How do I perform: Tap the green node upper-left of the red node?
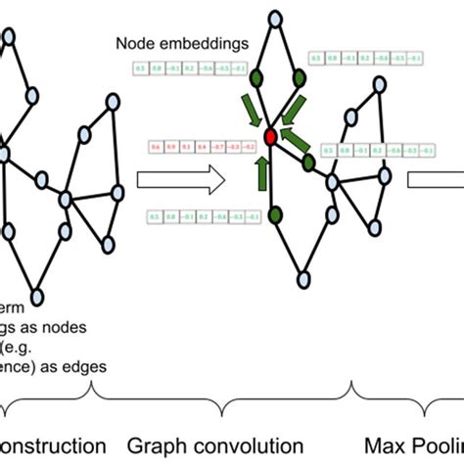coord(256,77)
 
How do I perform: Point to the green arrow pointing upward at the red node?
coord(261,172)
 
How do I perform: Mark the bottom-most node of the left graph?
coord(37,294)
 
